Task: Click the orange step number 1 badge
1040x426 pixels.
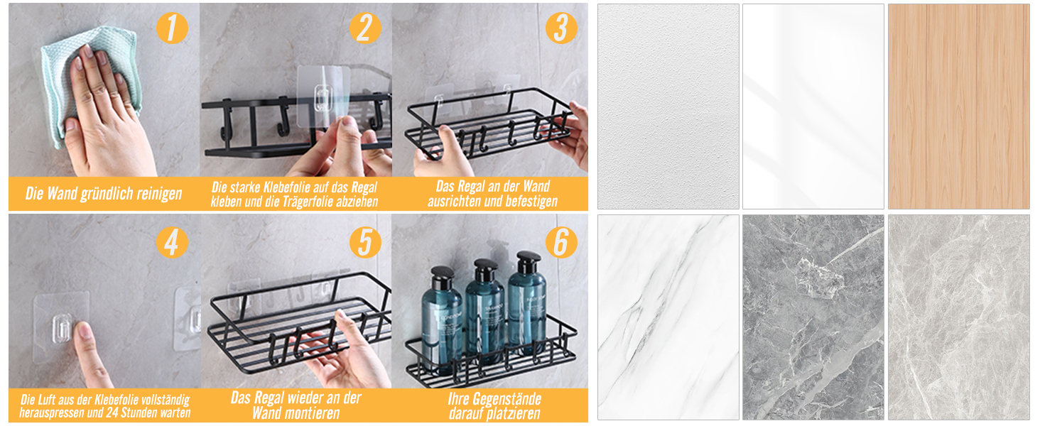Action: (x=172, y=28)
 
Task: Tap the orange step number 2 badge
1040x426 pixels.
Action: (x=365, y=28)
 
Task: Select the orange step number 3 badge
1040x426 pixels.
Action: (x=561, y=28)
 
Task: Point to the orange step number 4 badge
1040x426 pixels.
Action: (x=172, y=242)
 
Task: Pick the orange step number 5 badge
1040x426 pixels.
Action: (x=365, y=242)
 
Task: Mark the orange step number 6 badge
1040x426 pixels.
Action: (x=561, y=242)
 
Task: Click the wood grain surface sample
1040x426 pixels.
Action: (x=959, y=106)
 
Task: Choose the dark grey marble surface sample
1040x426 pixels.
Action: (x=813, y=317)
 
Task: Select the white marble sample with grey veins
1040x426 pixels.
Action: (x=668, y=317)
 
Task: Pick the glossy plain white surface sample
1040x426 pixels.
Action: (x=813, y=106)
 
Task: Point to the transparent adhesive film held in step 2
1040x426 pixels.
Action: (x=323, y=96)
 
